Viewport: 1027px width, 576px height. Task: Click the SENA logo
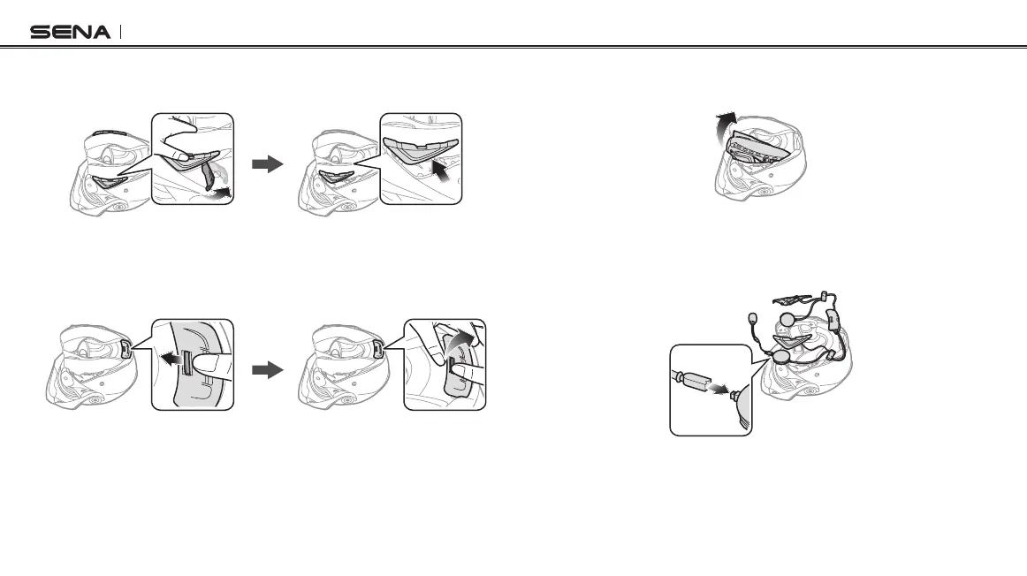[71, 33]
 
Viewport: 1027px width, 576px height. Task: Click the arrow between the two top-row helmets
[266, 164]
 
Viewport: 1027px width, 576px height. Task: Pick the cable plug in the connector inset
[695, 383]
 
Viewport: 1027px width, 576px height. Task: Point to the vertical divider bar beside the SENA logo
[119, 33]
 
